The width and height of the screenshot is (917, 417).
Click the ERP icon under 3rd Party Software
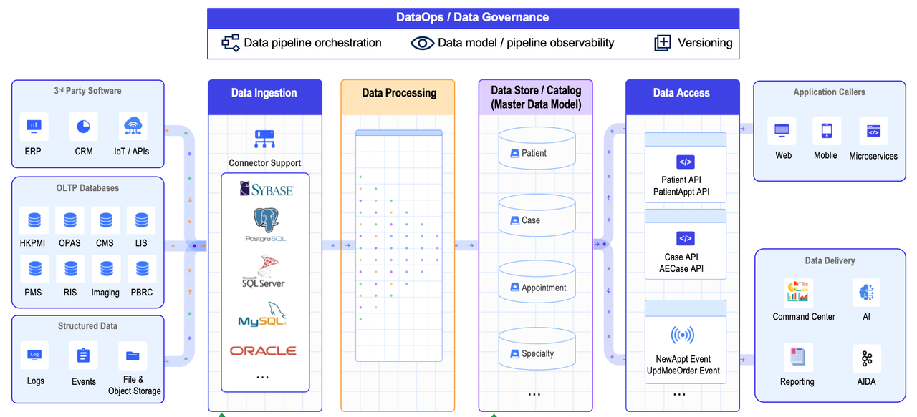point(34,127)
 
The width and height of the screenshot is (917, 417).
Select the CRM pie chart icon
point(84,127)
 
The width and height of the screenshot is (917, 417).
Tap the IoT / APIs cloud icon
point(133,127)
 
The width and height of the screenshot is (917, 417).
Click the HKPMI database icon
point(34,220)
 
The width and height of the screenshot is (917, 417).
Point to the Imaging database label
point(105,293)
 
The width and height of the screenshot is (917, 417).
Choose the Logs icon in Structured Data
point(34,355)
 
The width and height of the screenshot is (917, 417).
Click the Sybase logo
point(266,189)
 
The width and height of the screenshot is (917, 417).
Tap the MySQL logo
point(263,314)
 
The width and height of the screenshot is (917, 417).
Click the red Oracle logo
point(263,350)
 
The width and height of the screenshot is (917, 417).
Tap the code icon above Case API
point(685,238)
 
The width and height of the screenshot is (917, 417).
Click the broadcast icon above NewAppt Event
point(682,335)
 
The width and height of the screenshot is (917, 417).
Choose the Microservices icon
point(873,132)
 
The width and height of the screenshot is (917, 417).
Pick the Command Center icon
point(798,292)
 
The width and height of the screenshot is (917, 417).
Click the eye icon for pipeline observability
point(422,43)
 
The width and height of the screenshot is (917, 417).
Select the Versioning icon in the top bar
point(663,43)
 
